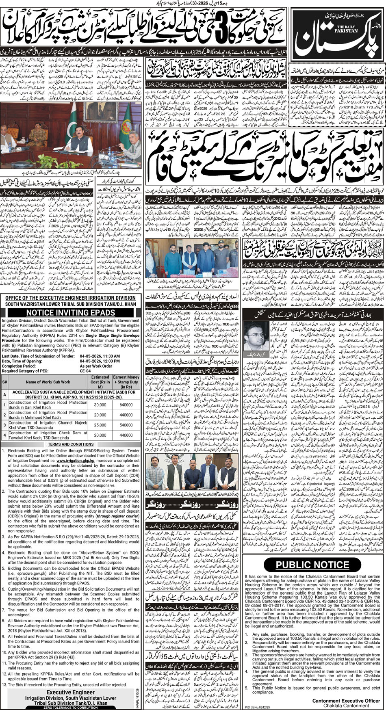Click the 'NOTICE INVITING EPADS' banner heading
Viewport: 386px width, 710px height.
(71, 312)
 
